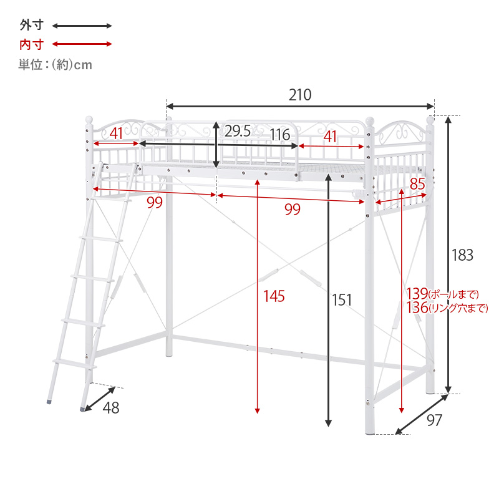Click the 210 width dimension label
(300, 95)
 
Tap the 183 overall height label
(462, 255)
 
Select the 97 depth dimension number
(434, 420)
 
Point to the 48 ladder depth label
(111, 408)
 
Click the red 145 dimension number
(274, 296)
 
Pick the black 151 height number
(342, 300)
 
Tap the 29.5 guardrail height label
(238, 131)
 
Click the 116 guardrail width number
(280, 135)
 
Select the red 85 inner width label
(417, 184)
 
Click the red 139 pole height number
(417, 293)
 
